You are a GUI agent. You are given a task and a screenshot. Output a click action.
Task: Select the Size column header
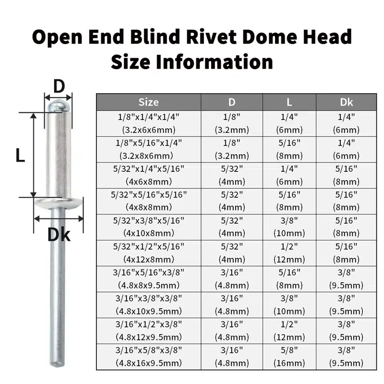pyautogui.click(x=148, y=102)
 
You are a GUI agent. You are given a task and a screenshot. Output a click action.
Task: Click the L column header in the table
pyautogui.click(x=289, y=102)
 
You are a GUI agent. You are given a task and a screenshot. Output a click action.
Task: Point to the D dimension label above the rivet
pyautogui.click(x=59, y=86)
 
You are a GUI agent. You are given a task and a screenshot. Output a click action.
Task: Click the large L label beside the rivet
pyautogui.click(x=20, y=155)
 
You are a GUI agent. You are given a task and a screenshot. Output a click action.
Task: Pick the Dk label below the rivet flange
pyautogui.click(x=59, y=235)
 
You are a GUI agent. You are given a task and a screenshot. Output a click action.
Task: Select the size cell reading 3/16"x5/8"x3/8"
pyautogui.click(x=148, y=349)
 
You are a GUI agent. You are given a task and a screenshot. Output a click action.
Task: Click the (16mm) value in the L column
pyautogui.click(x=289, y=362)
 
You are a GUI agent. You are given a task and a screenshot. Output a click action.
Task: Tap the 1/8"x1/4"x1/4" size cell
pyautogui.click(x=148, y=117)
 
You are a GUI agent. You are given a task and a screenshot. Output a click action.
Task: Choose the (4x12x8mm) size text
pyautogui.click(x=148, y=259)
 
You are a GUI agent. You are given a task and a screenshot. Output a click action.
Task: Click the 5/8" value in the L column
pyautogui.click(x=289, y=349)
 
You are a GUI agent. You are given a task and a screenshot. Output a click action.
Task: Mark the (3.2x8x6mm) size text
pyautogui.click(x=148, y=156)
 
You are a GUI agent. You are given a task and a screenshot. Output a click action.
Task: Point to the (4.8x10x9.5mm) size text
pyautogui.click(x=148, y=311)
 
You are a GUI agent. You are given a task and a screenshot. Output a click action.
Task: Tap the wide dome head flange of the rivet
pyautogui.click(x=59, y=204)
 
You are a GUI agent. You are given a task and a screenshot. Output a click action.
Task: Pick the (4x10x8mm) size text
pyautogui.click(x=148, y=233)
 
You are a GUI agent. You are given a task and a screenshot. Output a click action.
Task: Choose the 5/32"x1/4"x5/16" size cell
pyautogui.click(x=148, y=168)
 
